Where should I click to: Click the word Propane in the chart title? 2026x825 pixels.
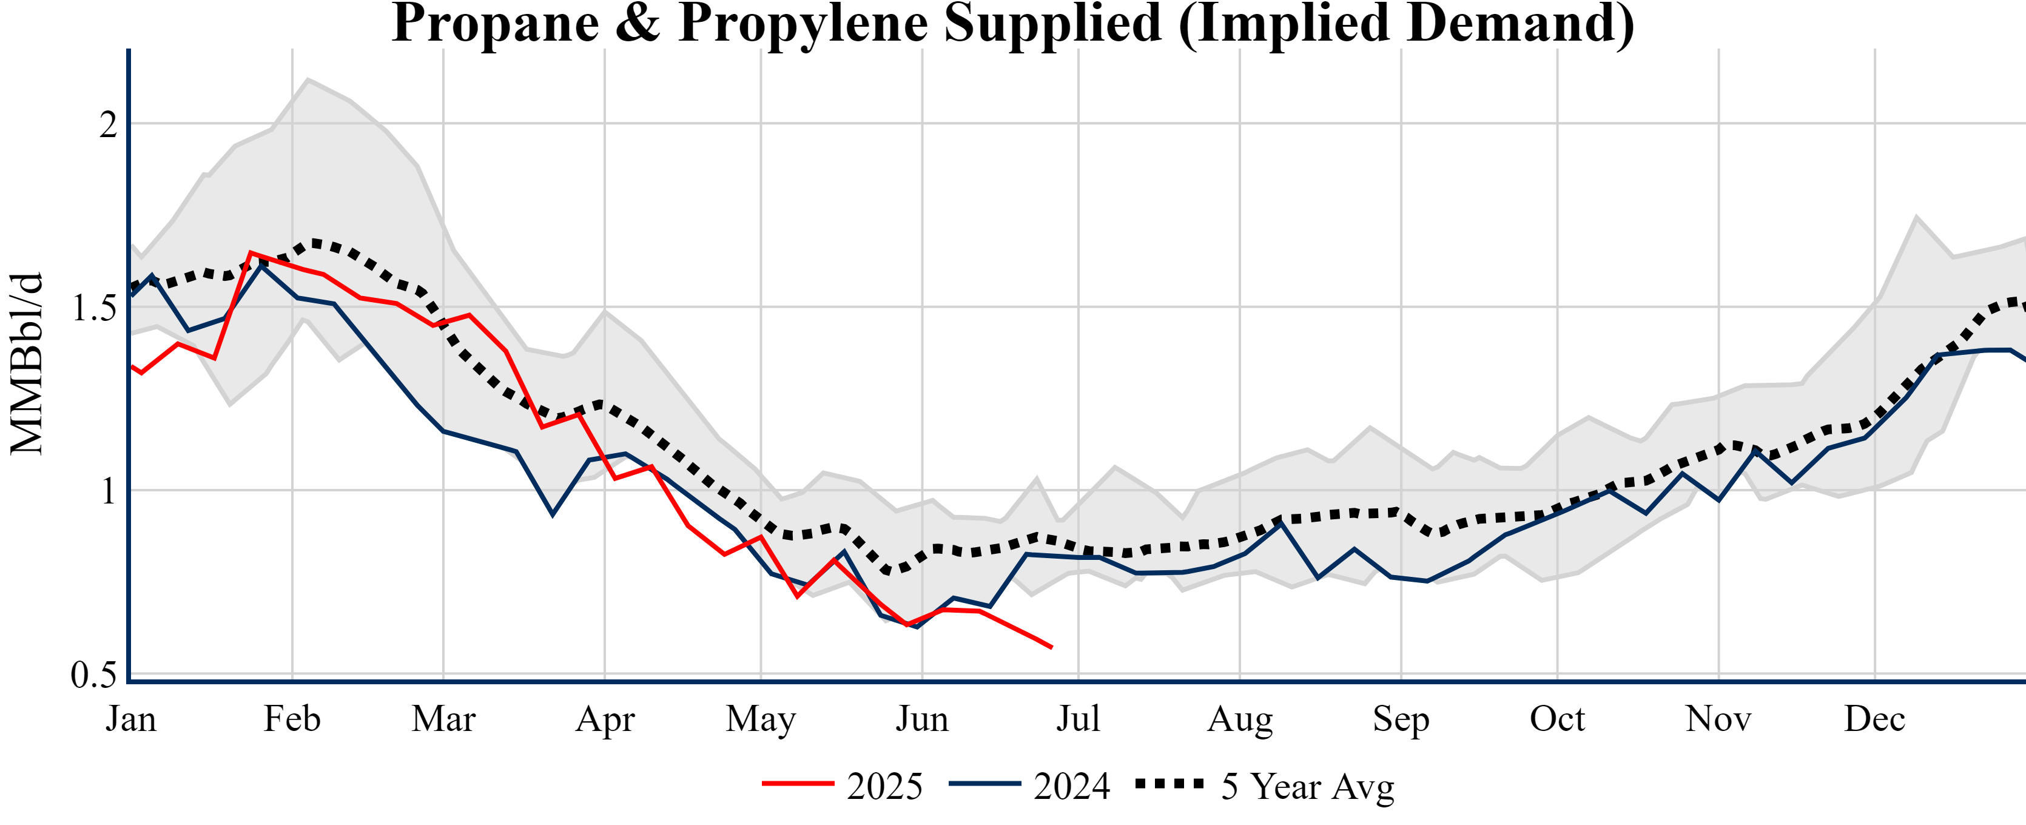tap(495, 24)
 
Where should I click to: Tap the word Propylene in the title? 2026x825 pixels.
tap(801, 24)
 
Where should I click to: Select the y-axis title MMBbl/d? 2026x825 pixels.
tap(26, 364)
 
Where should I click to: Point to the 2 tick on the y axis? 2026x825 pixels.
tap(108, 124)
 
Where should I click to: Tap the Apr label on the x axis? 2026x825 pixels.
tap(605, 719)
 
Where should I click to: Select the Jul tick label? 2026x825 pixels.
tap(1077, 719)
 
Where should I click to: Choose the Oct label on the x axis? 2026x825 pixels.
tap(1557, 719)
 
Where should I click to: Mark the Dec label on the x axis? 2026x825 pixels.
tap(1875, 719)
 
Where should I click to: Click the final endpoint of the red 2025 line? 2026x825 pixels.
tap(1052, 648)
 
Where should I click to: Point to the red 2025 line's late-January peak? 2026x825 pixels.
tap(250, 253)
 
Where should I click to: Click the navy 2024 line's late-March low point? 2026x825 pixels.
tap(553, 514)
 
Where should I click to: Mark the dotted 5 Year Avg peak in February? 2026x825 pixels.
tap(315, 243)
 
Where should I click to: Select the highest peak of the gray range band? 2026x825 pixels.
tap(308, 79)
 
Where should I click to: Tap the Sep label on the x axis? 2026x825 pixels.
tap(1401, 719)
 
